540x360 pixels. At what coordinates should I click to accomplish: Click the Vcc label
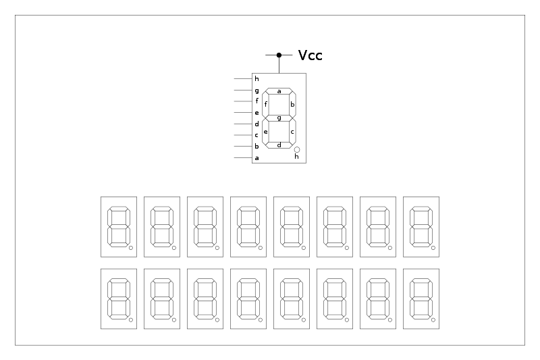(x=310, y=55)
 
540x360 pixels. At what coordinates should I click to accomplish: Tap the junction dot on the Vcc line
(x=279, y=55)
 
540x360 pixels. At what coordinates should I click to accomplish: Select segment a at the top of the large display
(x=279, y=91)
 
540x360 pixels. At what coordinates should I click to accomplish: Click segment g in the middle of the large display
(x=279, y=118)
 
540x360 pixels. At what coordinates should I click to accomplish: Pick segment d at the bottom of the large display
(x=279, y=145)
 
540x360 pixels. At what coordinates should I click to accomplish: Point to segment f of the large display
(x=266, y=104)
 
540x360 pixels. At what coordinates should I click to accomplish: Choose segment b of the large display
(x=292, y=104)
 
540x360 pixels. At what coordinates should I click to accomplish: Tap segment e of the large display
(x=266, y=131)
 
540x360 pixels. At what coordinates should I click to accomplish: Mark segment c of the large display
(x=292, y=131)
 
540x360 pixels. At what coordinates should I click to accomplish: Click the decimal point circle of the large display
(x=297, y=149)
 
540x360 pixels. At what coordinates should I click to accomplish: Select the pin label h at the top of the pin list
(x=256, y=79)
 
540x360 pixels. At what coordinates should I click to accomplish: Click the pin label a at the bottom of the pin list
(x=256, y=158)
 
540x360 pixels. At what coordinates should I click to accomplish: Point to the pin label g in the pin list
(x=256, y=91)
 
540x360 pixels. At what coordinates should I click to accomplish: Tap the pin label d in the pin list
(x=256, y=124)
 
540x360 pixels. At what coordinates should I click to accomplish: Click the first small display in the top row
(x=119, y=227)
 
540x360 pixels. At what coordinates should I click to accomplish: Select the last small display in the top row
(x=421, y=227)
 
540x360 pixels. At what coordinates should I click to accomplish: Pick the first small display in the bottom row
(x=119, y=299)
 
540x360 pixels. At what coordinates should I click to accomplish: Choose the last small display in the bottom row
(x=421, y=299)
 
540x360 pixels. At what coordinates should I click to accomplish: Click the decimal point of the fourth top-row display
(x=261, y=249)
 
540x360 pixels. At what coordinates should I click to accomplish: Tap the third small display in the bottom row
(x=205, y=299)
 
